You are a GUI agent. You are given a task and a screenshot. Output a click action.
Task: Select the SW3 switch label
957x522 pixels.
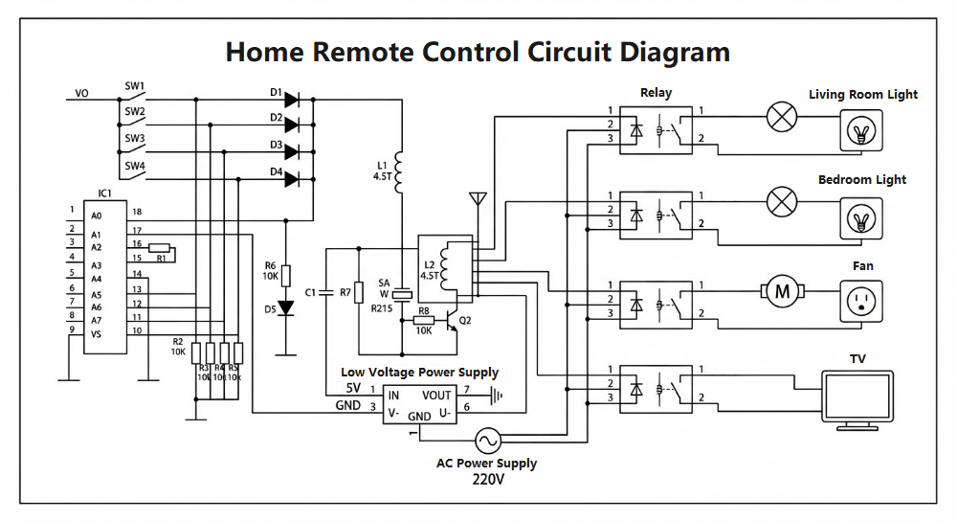(x=134, y=138)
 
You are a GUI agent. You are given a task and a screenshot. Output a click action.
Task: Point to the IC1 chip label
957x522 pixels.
(x=105, y=193)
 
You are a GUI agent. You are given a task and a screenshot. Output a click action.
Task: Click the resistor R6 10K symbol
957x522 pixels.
(x=285, y=275)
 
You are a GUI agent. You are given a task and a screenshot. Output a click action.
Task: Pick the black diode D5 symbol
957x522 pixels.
(x=285, y=308)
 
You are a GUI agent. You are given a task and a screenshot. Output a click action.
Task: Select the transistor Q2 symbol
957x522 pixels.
(x=451, y=321)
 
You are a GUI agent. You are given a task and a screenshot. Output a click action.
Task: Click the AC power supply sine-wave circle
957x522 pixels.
(x=486, y=441)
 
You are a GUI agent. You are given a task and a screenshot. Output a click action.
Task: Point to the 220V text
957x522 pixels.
(x=487, y=479)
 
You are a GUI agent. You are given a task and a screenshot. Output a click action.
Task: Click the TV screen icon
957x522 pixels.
(x=858, y=397)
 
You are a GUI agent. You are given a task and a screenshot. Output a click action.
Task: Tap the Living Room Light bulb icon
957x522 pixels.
(x=863, y=129)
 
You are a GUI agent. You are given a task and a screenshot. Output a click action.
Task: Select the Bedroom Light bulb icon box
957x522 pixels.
(x=863, y=219)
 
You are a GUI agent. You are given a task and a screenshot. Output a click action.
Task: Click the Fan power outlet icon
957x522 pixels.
(x=863, y=303)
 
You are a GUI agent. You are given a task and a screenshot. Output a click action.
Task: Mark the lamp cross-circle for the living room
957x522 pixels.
(x=783, y=118)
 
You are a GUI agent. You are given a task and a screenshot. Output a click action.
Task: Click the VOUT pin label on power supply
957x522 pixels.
(x=436, y=395)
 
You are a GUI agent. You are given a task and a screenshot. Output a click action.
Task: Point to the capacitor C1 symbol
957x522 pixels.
(x=326, y=291)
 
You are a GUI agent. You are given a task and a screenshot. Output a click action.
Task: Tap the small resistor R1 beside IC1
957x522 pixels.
(x=161, y=248)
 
